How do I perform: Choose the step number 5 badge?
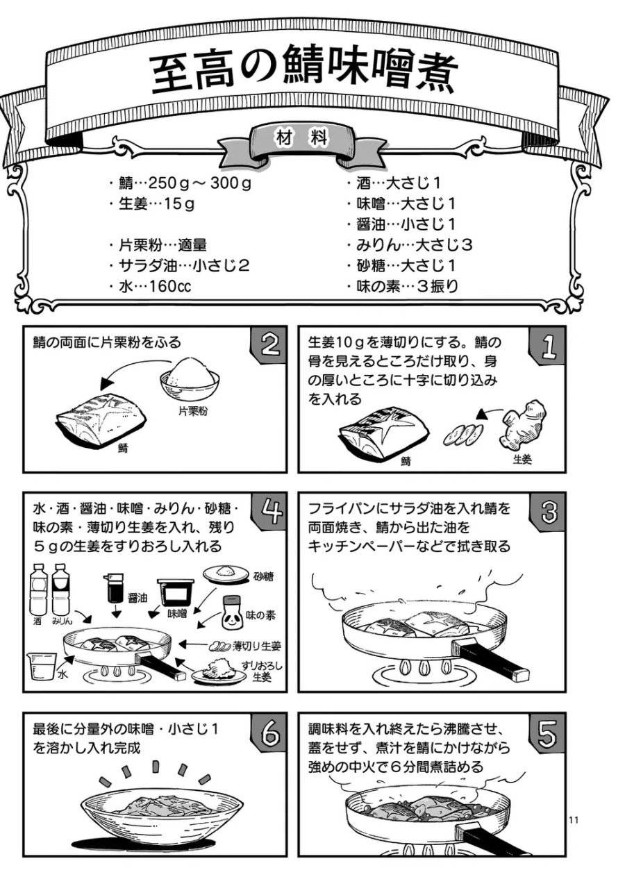point(549,733)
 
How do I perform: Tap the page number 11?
point(574,820)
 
